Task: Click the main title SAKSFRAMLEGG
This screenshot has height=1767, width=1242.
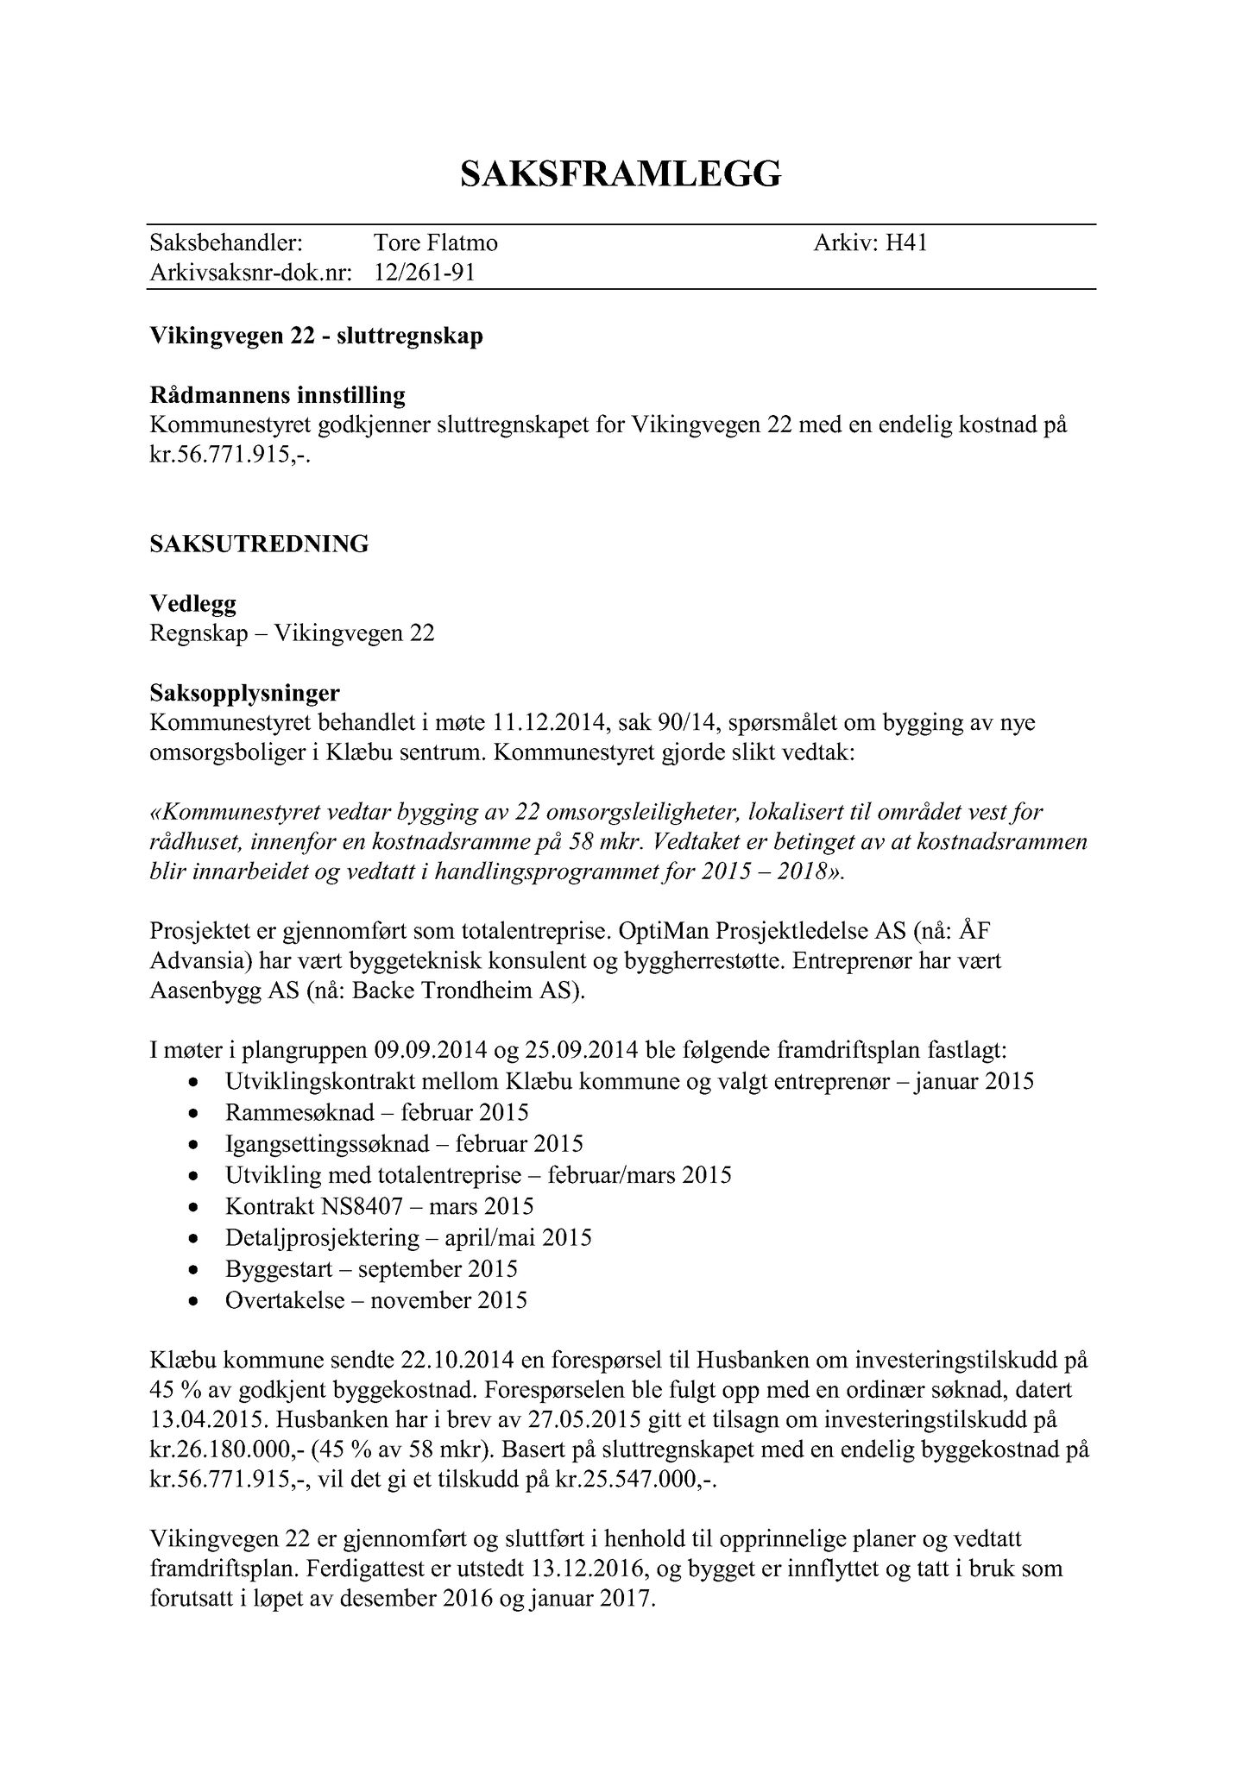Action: (620, 173)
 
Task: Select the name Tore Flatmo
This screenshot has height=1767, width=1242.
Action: (435, 243)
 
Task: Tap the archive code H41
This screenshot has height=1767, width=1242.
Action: (906, 243)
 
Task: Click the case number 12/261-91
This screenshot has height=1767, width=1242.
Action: (425, 274)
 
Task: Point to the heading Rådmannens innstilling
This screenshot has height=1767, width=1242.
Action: (277, 396)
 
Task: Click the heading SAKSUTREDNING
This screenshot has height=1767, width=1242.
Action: (259, 544)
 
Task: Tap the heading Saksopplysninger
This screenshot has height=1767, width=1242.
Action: (244, 693)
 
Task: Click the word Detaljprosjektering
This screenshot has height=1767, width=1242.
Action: (321, 1238)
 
